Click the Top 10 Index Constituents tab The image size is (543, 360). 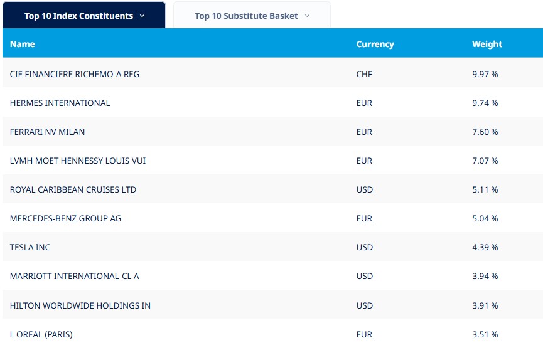(x=84, y=16)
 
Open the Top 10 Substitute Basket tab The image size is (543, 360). (x=252, y=16)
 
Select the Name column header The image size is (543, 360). (x=23, y=44)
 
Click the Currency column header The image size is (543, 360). (x=375, y=44)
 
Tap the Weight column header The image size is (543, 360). (x=487, y=44)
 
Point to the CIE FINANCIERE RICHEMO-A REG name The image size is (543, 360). (x=75, y=74)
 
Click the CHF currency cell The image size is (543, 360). (x=364, y=74)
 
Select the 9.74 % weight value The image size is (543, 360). (x=485, y=103)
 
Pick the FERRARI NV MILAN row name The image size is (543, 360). (x=47, y=132)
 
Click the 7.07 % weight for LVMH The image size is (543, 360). (x=485, y=161)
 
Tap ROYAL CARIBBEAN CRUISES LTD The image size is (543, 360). (x=73, y=189)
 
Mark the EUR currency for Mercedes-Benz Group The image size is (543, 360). (x=364, y=218)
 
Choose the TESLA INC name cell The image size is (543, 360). (x=30, y=247)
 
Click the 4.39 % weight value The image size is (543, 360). (x=485, y=247)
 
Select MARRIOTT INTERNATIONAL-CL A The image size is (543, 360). (x=74, y=276)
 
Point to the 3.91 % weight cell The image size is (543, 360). (x=485, y=305)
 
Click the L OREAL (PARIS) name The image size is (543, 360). (x=41, y=334)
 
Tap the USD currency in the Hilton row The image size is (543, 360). (x=364, y=305)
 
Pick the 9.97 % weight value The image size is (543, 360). (x=485, y=74)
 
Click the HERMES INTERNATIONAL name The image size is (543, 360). (x=60, y=103)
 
